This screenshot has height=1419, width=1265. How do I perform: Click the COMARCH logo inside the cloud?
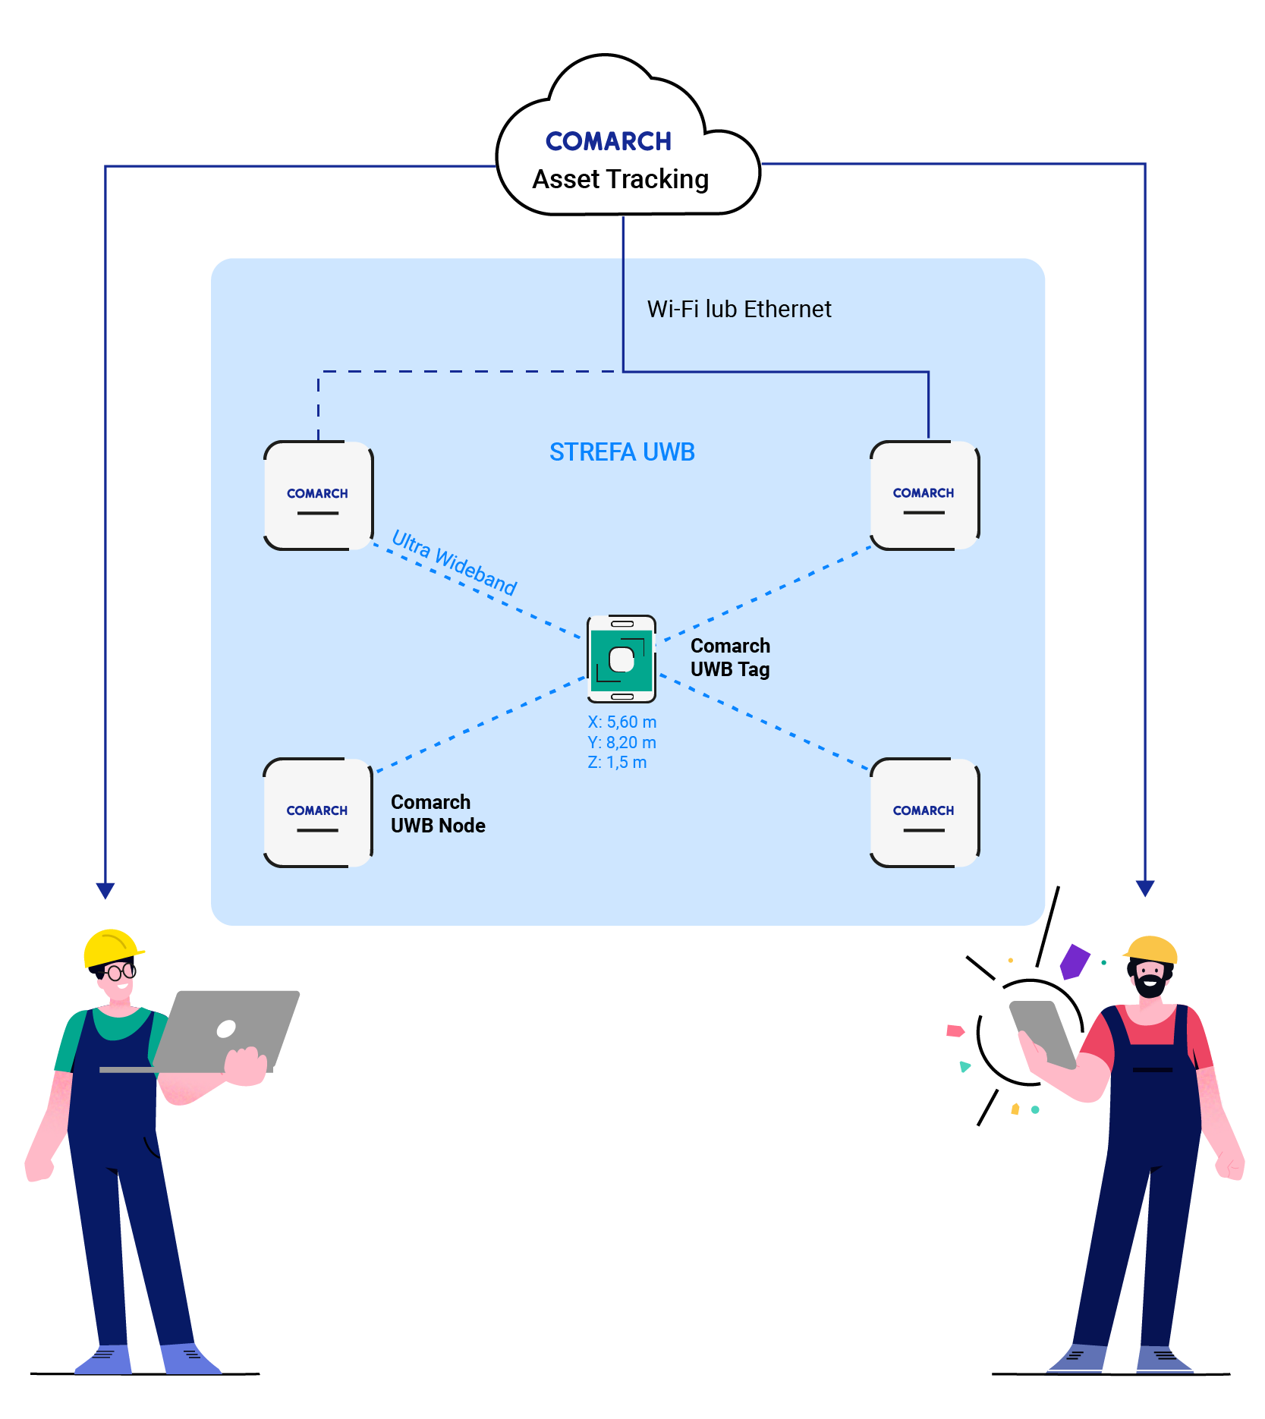click(608, 141)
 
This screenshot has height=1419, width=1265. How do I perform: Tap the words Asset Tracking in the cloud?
click(620, 180)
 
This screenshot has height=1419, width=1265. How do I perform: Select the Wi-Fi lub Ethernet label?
click(738, 310)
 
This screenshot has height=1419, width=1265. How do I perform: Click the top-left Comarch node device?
click(318, 496)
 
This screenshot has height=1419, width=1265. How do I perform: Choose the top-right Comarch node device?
click(924, 495)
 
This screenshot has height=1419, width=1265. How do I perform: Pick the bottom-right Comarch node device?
click(924, 812)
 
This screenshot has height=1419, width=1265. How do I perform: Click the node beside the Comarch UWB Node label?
click(317, 812)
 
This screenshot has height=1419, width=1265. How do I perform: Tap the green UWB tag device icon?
click(621, 659)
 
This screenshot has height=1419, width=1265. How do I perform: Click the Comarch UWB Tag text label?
click(730, 657)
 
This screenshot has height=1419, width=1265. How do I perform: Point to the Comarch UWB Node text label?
click(437, 813)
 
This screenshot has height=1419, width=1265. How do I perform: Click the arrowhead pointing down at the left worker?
click(105, 890)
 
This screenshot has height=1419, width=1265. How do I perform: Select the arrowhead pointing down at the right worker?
click(1144, 889)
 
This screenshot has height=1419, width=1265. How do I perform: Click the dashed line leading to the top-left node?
click(455, 372)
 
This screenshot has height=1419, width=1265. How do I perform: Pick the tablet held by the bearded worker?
click(1042, 1032)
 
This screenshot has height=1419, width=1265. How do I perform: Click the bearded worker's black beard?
click(1150, 986)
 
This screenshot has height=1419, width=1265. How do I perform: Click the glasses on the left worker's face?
click(120, 972)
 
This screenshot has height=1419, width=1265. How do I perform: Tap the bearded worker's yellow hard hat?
click(1151, 949)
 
